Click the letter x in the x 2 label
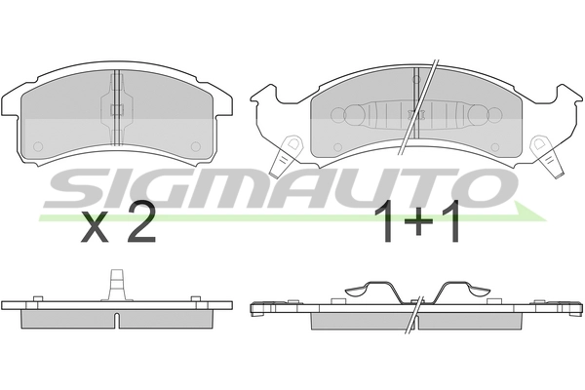click(95, 227)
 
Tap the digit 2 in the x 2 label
click(140, 222)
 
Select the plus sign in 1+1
click(418, 221)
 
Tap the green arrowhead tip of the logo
click(546, 220)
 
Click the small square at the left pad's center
click(118, 109)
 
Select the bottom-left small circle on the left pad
click(38, 146)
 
